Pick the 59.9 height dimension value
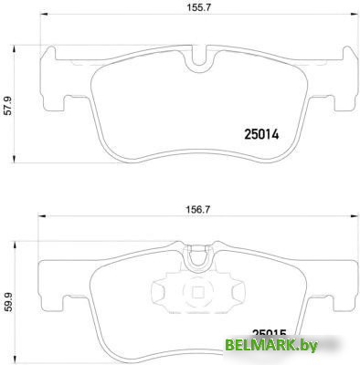(x=8, y=298)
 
